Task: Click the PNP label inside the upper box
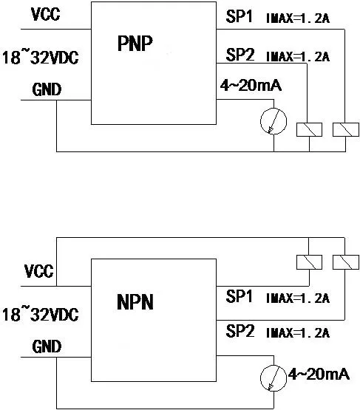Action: (x=135, y=44)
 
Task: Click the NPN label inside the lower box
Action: (x=135, y=302)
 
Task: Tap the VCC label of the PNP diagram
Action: (x=46, y=14)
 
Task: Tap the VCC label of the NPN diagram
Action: (x=39, y=271)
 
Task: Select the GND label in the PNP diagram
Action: (x=47, y=89)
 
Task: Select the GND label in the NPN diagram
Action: (x=47, y=346)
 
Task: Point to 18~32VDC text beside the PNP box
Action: (x=41, y=58)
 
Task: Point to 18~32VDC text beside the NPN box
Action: (x=41, y=315)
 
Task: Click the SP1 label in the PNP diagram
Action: (x=239, y=16)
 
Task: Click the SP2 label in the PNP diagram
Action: (x=240, y=55)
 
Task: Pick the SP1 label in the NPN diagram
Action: (x=239, y=296)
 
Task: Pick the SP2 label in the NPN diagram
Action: (x=240, y=331)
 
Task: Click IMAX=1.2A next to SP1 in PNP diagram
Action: (x=298, y=18)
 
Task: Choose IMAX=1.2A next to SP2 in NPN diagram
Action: (x=298, y=333)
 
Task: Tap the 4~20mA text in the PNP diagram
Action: (x=251, y=85)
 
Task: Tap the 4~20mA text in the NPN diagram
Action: (x=319, y=374)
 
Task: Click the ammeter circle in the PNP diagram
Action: (x=261, y=121)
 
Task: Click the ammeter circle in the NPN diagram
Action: (x=261, y=378)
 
